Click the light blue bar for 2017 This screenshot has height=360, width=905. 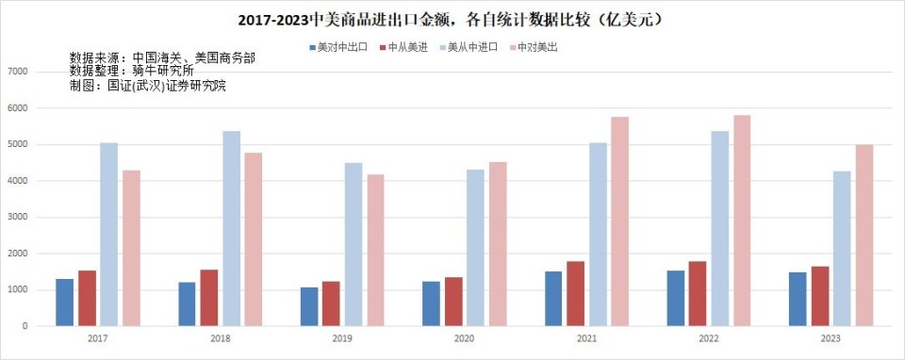(x=109, y=235)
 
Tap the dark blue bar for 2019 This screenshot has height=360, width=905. (x=309, y=306)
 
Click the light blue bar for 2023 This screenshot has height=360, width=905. (x=841, y=249)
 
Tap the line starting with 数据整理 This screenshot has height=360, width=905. (x=132, y=71)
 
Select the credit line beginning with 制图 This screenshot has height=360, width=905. (x=148, y=86)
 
